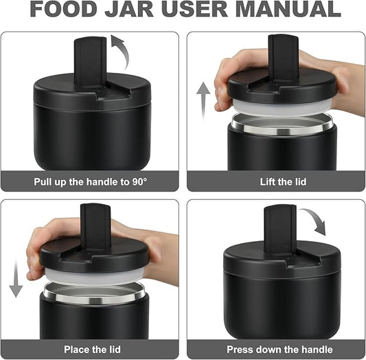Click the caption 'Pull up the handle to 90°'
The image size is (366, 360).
coord(91,182)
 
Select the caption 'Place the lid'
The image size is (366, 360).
coord(91,349)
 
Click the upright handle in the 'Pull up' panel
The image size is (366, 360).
coord(91,60)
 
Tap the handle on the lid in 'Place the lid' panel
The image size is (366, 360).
coord(95,226)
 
